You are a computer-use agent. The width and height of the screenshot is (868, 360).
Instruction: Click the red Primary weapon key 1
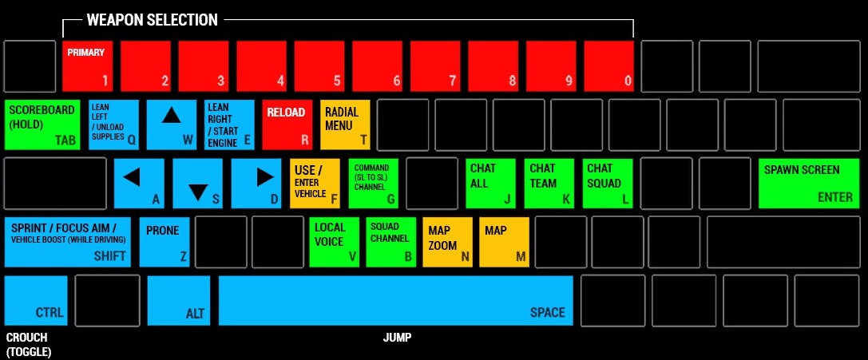coord(88,65)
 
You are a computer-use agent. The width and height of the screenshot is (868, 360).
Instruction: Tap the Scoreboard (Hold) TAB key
coord(42,125)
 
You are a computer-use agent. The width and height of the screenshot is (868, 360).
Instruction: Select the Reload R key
coord(287,125)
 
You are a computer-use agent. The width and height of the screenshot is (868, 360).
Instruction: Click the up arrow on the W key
coord(171,116)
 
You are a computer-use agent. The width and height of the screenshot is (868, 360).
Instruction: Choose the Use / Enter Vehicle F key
coord(315,184)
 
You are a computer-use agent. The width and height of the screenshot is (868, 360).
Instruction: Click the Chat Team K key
coord(549,184)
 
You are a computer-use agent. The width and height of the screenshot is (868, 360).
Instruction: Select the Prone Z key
coord(164,242)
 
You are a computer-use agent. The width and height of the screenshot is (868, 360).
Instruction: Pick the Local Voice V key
coord(335,242)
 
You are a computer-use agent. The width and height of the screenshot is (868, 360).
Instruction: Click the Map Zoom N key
coord(448,242)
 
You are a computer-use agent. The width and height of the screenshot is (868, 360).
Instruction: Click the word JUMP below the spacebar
coord(397,338)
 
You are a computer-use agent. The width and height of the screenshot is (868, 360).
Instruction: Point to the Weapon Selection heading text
coord(153,21)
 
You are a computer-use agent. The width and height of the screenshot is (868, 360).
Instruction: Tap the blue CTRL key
coord(36,301)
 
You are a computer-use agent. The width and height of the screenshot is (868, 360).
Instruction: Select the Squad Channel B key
coord(390,242)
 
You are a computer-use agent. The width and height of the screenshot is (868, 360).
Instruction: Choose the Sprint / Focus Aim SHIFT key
coord(68,242)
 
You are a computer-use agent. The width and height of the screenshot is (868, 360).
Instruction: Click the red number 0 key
coord(608,65)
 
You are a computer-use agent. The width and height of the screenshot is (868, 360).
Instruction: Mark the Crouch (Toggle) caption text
coord(29,345)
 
